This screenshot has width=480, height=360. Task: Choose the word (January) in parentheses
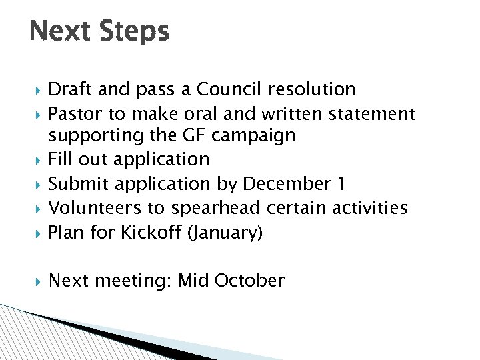point(226,233)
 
